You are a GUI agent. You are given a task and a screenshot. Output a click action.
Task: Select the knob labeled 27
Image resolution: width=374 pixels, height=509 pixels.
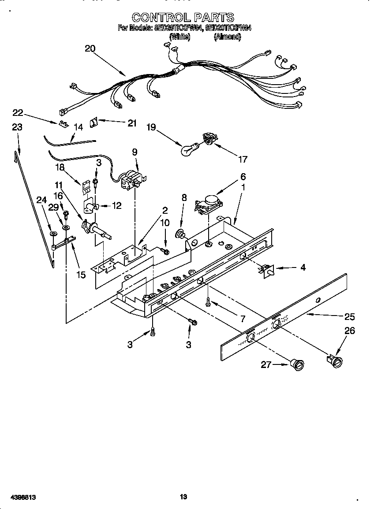(298, 364)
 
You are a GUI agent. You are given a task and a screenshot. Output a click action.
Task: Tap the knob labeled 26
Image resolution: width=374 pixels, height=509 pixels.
(337, 361)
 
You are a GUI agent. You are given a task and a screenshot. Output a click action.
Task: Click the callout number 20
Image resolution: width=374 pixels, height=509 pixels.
(90, 49)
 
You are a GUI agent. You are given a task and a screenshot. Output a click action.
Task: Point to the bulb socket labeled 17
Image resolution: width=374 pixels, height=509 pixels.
(208, 140)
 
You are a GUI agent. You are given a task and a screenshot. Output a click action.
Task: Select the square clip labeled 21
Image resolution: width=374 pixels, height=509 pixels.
(94, 122)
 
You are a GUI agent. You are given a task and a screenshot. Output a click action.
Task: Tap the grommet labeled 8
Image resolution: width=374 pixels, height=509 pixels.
(180, 233)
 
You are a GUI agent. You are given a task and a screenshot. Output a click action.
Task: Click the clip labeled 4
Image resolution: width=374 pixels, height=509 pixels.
(266, 270)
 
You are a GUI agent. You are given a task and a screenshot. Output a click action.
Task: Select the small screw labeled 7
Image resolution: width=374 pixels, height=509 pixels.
(208, 302)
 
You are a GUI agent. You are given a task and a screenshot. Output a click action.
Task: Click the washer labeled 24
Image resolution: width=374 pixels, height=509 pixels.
(53, 233)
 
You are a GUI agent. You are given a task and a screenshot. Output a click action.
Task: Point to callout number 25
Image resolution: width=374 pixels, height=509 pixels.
(349, 316)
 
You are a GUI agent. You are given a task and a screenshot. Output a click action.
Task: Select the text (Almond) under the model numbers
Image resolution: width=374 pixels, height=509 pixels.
(227, 37)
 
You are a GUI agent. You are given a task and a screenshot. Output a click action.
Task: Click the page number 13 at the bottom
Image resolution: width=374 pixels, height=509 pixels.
(183, 497)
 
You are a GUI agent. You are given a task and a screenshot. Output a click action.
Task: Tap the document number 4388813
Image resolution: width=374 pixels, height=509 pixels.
(21, 497)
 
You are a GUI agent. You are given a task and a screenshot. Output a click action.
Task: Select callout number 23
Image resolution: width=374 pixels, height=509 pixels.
(17, 127)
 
